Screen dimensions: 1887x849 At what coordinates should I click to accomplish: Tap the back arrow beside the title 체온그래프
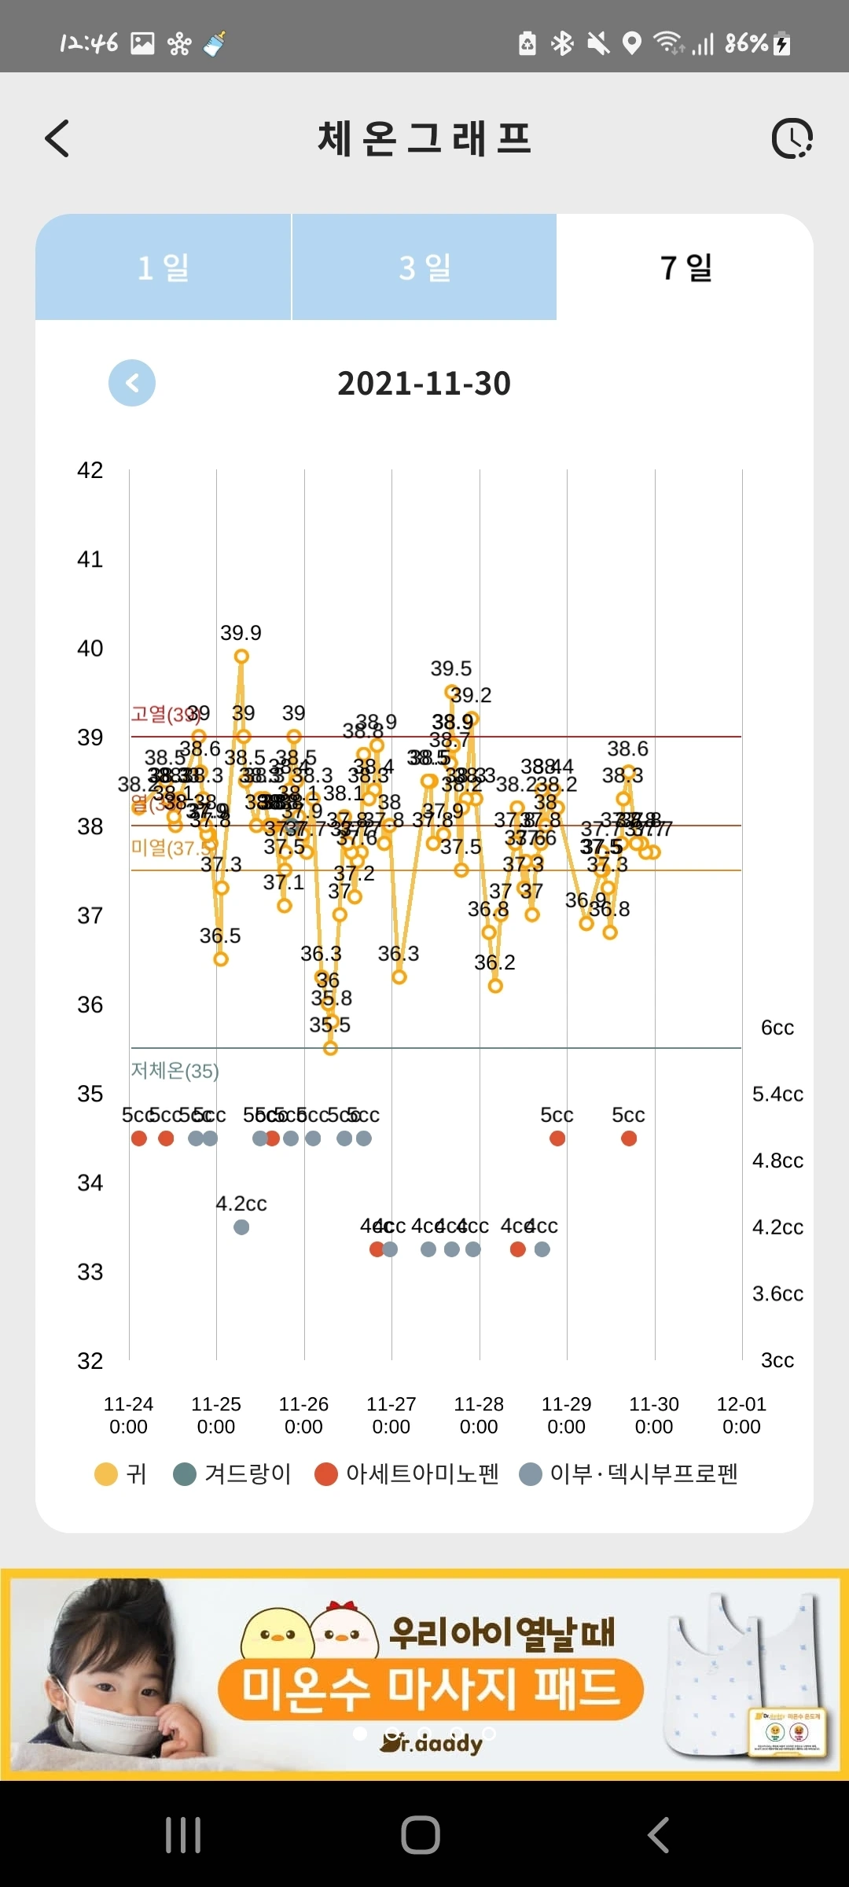(57, 138)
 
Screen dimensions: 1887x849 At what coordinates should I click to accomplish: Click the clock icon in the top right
(792, 139)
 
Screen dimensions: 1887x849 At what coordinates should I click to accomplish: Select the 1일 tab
(163, 267)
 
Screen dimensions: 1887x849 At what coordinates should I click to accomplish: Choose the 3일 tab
(424, 267)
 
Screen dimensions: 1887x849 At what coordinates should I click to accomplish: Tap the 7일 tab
(685, 267)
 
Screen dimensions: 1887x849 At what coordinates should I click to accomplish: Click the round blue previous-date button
(132, 383)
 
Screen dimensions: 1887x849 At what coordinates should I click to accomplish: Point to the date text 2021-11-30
(424, 384)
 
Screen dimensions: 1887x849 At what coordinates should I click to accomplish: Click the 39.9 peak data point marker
(241, 657)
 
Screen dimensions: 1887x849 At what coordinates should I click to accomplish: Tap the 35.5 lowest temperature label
(329, 1024)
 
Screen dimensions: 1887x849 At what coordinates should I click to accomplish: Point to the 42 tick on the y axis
(90, 470)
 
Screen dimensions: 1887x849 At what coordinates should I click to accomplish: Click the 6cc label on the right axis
(777, 1028)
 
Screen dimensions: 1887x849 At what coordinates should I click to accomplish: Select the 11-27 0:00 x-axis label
(391, 1414)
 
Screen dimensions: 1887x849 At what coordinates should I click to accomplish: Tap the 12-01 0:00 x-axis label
(741, 1414)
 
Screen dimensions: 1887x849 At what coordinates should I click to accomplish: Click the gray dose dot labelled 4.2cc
(241, 1227)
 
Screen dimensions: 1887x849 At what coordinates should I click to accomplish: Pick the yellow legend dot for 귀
(105, 1474)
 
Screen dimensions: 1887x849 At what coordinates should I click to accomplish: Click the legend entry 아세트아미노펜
(422, 1473)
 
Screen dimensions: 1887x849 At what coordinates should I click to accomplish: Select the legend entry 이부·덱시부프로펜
(643, 1473)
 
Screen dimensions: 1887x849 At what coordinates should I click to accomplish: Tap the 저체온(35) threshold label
(175, 1070)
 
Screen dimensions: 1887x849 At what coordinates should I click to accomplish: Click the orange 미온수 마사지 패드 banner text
(431, 1688)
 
